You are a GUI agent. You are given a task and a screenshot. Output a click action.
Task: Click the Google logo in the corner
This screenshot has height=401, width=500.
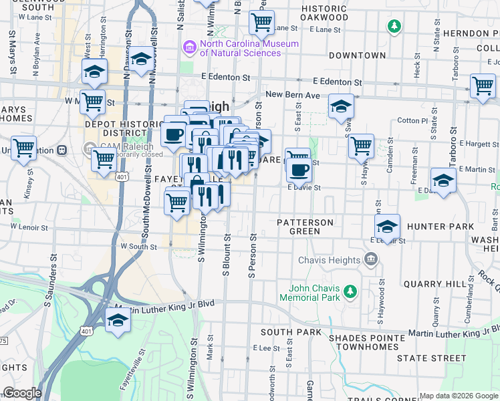[x=21, y=393]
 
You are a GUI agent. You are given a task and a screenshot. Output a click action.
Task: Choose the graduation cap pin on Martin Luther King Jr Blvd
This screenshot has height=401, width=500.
[x=118, y=321]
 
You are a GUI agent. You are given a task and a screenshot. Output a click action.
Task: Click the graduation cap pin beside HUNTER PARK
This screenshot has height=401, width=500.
[x=387, y=227]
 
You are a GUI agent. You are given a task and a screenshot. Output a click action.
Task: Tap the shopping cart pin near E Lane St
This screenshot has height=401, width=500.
[x=261, y=22]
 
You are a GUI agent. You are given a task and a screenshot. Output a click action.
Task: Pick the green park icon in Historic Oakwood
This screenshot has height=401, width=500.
[x=394, y=26]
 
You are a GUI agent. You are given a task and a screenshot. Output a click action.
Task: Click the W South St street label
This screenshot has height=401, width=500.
[x=138, y=247]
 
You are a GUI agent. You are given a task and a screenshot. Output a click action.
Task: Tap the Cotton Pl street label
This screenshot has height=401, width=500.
[x=412, y=121]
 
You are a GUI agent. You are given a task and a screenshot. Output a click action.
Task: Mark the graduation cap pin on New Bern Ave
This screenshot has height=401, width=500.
[x=341, y=106]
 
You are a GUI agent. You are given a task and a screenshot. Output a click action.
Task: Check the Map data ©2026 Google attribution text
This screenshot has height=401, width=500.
[x=458, y=396]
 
